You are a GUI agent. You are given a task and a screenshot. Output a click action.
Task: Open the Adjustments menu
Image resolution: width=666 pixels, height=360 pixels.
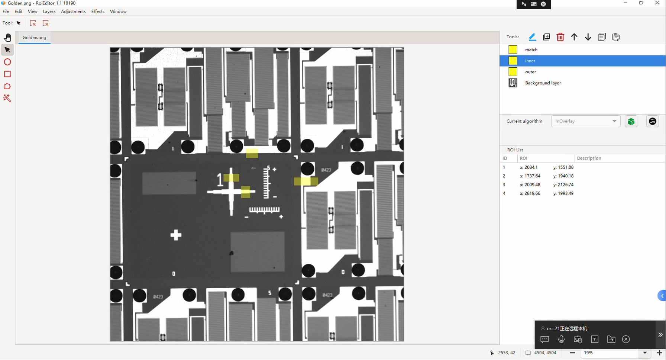point(73,12)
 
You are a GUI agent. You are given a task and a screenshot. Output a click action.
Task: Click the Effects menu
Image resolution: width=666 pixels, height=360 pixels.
point(98,12)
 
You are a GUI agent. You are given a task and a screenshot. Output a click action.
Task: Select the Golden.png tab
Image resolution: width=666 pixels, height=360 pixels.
point(35,38)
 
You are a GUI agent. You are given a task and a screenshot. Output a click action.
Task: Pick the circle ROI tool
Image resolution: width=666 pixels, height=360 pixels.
point(7,62)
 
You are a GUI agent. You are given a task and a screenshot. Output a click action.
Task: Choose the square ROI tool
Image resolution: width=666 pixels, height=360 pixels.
point(7,74)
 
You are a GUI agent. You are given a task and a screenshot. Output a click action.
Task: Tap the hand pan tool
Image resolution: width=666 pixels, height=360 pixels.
point(7,38)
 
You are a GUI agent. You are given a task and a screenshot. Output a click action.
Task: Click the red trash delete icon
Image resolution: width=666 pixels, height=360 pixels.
point(560,37)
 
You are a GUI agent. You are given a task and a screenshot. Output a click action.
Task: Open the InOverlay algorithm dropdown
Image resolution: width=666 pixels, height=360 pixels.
point(586,121)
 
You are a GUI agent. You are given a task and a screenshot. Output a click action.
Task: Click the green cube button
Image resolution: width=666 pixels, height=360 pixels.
point(631,122)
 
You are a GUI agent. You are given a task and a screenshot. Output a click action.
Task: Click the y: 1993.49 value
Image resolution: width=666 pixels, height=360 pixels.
point(563,193)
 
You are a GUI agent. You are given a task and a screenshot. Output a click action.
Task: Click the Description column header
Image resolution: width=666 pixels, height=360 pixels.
point(589,158)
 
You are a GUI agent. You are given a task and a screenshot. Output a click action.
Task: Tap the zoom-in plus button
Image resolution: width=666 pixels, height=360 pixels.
point(660,353)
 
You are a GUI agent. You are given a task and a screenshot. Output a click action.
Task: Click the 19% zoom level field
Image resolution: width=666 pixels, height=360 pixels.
point(610,353)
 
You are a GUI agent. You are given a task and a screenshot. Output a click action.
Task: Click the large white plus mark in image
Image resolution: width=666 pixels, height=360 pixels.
point(176,235)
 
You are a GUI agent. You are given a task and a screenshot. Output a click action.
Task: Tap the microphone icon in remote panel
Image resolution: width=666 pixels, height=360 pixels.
point(561,339)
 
